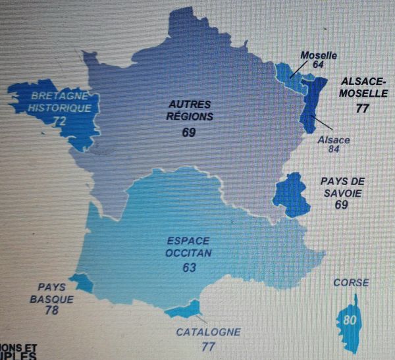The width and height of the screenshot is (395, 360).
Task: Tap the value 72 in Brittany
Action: [60, 121]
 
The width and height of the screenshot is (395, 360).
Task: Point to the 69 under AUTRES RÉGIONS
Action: [190, 132]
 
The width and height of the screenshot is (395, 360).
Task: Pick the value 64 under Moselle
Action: [319, 64]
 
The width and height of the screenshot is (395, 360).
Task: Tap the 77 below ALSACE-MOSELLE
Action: [361, 109]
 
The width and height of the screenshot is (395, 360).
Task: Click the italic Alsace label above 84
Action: [333, 140]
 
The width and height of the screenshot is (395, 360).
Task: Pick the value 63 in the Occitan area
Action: [190, 268]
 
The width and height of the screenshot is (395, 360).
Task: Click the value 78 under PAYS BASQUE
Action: [52, 309]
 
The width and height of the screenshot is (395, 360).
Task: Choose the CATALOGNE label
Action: [208, 332]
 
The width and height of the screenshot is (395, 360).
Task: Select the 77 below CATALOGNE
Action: [209, 346]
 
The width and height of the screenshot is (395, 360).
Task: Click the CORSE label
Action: [350, 283]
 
